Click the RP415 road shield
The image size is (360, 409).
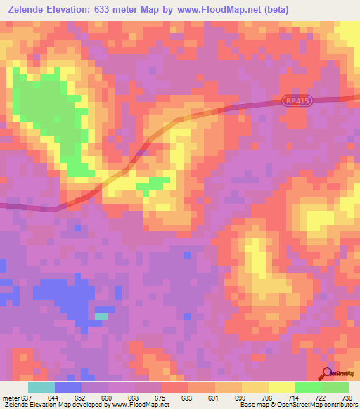(x=297, y=101)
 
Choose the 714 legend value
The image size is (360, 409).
(x=295, y=397)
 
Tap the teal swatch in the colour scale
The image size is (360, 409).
(x=41, y=387)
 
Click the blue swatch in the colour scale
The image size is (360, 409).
(x=68, y=387)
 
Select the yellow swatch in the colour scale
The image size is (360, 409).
(x=281, y=387)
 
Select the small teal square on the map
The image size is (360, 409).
(x=102, y=316)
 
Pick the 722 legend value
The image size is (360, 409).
(x=321, y=397)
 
